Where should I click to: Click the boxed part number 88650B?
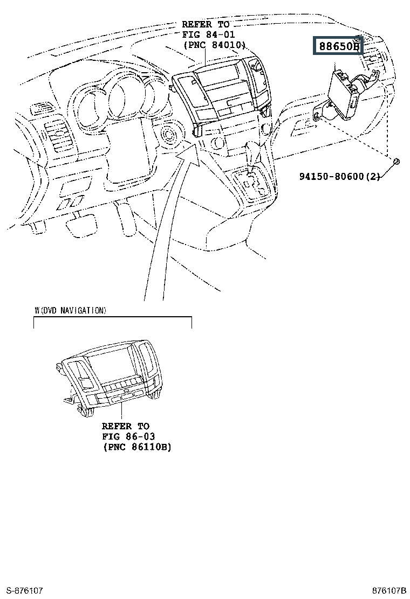click(x=338, y=46)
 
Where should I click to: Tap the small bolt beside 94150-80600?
click(x=395, y=161)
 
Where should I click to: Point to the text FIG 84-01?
click(x=206, y=35)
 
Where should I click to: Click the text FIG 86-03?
click(x=128, y=436)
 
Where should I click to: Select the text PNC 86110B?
click(x=137, y=447)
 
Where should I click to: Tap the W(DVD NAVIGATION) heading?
click(x=70, y=311)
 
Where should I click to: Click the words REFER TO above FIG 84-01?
click(x=206, y=25)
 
